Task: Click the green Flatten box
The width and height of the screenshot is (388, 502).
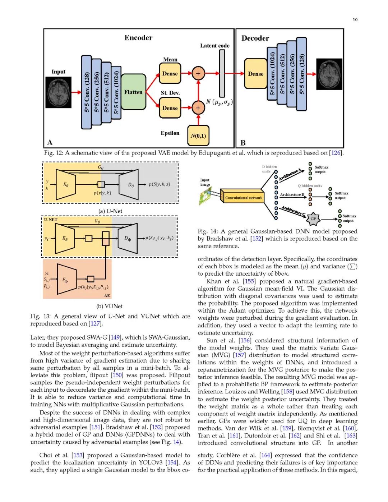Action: click(x=133, y=92)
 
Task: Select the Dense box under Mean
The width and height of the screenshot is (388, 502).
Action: click(x=170, y=74)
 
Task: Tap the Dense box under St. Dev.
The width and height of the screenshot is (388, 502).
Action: click(x=170, y=108)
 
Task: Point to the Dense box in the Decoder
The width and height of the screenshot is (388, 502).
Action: click(x=255, y=74)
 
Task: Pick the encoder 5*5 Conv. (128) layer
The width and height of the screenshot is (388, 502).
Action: click(x=87, y=92)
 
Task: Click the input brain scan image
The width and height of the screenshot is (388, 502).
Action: click(x=59, y=92)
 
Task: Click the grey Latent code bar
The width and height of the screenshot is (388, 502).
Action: click(x=222, y=73)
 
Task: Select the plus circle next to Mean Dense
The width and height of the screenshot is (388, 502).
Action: click(x=198, y=73)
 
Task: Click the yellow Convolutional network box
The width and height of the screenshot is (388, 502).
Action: click(x=244, y=198)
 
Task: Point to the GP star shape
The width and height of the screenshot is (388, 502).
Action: click(x=313, y=218)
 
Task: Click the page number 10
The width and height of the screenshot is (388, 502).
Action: click(x=355, y=20)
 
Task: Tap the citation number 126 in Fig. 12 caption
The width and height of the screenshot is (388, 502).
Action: click(x=336, y=153)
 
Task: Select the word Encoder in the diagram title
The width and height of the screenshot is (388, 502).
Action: click(x=138, y=38)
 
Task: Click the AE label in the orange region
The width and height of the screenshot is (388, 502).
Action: click(x=107, y=295)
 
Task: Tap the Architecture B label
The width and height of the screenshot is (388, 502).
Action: click(x=292, y=195)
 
